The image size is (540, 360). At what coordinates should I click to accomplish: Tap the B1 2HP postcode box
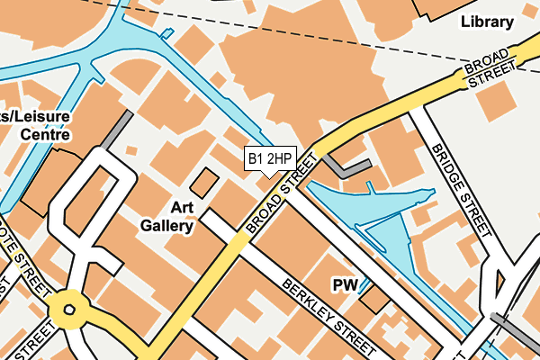270,159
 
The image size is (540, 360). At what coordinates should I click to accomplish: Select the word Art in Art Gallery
179,207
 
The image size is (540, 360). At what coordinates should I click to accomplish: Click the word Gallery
167,226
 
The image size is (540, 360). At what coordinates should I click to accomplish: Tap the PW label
346,285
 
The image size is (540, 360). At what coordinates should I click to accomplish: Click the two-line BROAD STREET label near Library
491,70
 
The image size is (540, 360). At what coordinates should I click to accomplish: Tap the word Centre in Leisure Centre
45,135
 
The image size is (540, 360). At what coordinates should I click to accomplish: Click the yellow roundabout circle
66,311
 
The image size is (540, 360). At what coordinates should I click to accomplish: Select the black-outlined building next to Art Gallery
205,183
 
